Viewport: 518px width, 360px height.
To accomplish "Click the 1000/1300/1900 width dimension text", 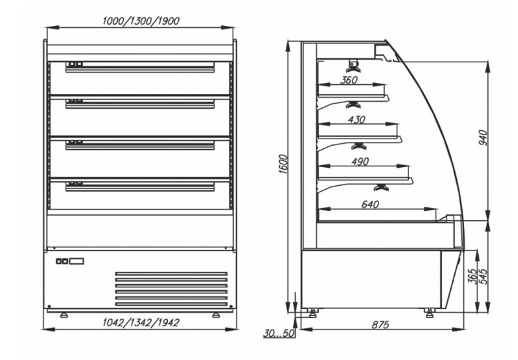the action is point(141,21).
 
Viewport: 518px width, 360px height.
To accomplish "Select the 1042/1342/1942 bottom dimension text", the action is point(141,322).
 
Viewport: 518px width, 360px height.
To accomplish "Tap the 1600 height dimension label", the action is point(283,164).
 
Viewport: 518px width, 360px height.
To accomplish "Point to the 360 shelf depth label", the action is point(349,80).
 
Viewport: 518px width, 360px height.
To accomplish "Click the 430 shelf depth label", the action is point(356,119).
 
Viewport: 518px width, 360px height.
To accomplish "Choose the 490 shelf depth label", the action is point(360,162).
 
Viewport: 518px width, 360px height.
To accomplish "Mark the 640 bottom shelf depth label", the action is point(370,205).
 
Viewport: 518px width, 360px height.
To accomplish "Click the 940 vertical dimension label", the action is point(483,138).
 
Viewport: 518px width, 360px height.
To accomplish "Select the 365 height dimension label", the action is point(473,276).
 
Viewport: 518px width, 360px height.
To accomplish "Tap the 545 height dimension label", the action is point(483,276).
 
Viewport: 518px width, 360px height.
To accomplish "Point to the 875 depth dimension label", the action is point(381,325).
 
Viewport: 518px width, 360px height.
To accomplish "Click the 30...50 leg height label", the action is point(279,333).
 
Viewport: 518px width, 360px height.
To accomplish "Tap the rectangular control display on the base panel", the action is point(76,261).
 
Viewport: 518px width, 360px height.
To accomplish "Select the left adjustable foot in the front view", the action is point(64,315).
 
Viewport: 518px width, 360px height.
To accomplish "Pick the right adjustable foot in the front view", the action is point(216,315).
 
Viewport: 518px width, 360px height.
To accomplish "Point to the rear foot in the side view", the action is point(312,312).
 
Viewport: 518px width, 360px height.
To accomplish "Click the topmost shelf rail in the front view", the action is point(140,69).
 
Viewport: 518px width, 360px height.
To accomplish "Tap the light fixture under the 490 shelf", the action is point(381,188).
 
